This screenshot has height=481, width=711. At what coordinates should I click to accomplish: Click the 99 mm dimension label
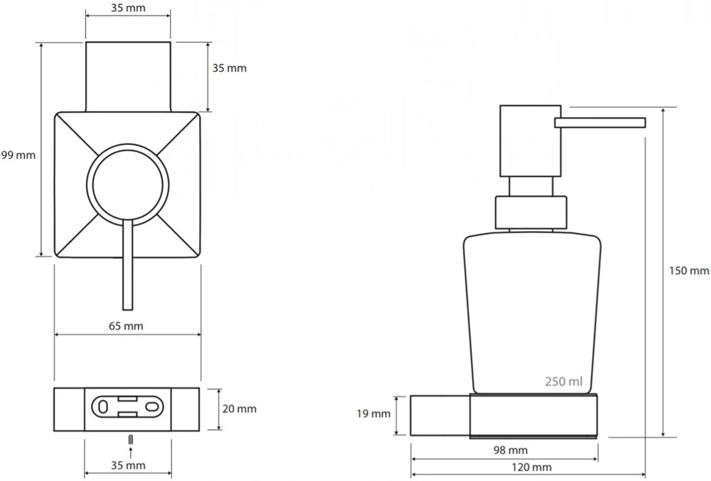tap(18, 156)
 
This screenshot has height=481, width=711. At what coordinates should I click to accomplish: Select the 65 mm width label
tap(126, 326)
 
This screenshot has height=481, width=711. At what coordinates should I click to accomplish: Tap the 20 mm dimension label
tap(240, 409)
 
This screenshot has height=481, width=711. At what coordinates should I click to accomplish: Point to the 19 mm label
tap(373, 414)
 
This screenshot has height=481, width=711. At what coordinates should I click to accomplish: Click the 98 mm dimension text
tap(510, 450)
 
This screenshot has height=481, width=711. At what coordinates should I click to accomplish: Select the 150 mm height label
tap(689, 271)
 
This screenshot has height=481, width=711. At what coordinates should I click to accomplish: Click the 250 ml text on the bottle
tap(564, 382)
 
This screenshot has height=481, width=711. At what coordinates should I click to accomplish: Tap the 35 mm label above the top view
tap(128, 8)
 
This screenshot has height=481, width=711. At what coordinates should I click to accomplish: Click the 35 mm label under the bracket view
tap(128, 465)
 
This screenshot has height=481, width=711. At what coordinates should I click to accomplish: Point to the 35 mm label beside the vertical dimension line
tap(230, 68)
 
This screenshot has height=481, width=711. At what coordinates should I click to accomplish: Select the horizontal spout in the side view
tap(600, 123)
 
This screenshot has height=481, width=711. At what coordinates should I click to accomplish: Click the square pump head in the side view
tap(530, 141)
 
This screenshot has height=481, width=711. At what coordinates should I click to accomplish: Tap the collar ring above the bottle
tap(531, 212)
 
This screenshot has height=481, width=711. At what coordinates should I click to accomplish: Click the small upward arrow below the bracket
tap(131, 453)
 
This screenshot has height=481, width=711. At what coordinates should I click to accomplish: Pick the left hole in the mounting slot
tap(102, 406)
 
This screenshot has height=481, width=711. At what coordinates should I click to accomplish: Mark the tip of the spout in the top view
tap(128, 310)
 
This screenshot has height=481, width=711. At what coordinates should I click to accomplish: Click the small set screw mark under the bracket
tap(131, 439)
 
